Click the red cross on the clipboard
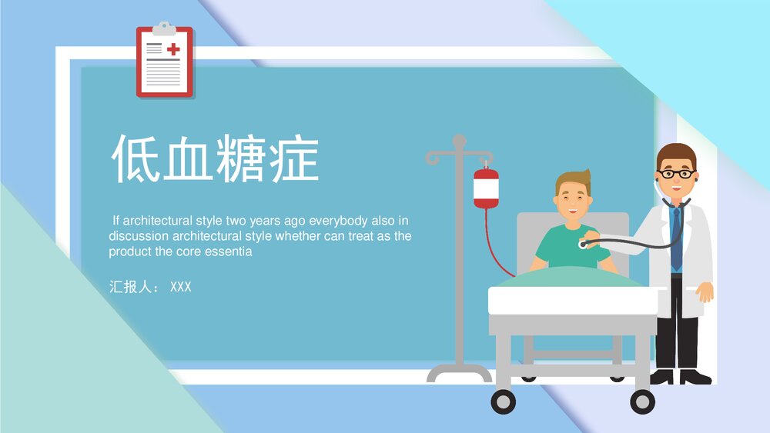coord(173,49)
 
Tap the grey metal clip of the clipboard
coord(164,29)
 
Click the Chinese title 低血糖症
coord(215,158)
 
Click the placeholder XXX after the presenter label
coord(180,287)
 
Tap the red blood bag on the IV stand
coord(486,188)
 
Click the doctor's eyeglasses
coord(676,174)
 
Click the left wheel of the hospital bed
coord(503,401)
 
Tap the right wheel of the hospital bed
coord(642,401)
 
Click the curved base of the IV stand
coord(459,373)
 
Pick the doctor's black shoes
coord(681,377)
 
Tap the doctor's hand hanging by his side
coord(704,293)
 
